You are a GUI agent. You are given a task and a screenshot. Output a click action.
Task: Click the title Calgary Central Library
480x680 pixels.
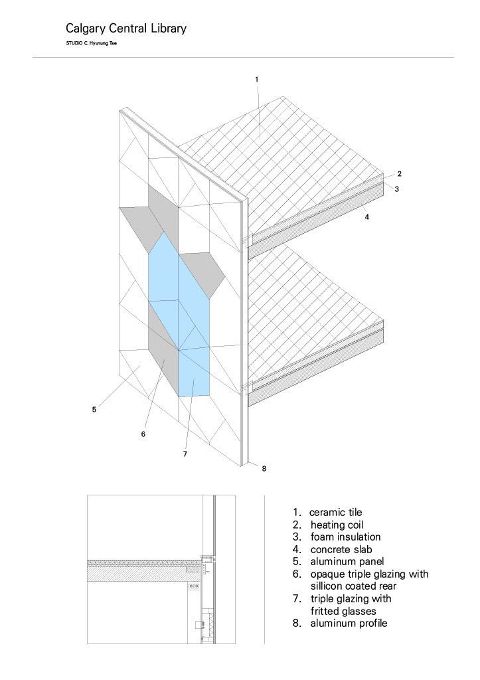[x=125, y=29]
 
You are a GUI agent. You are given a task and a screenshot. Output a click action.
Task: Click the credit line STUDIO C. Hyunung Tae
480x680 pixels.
[x=92, y=43]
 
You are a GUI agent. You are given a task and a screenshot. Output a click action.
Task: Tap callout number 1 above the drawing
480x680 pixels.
[x=257, y=80]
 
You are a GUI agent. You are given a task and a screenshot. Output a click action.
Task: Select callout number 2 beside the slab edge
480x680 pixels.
[x=400, y=174]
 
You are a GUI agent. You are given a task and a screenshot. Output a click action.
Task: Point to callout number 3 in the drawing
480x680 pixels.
[x=397, y=189]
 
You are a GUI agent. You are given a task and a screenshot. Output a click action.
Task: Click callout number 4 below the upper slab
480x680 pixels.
[x=367, y=217]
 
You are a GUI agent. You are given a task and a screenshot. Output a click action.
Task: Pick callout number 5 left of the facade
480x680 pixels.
[x=94, y=409]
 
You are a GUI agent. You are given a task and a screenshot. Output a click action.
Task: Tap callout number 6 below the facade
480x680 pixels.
[x=143, y=434]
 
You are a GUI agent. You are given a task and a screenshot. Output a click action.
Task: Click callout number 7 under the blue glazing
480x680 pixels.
[x=185, y=454]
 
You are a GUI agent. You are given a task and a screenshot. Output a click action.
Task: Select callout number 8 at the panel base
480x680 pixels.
[x=264, y=468]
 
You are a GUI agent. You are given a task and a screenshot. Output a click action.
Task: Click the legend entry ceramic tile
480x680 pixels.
[x=336, y=512]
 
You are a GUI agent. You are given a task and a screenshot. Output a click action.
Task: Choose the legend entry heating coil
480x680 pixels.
[x=337, y=525]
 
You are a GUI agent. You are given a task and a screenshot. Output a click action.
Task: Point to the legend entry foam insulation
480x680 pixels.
[x=346, y=537]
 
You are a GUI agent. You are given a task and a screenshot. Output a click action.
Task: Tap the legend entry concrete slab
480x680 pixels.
[x=341, y=549]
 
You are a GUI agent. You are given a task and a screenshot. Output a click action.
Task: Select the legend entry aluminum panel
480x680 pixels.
[x=347, y=562]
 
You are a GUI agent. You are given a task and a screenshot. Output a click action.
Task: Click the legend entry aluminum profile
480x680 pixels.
[x=349, y=624]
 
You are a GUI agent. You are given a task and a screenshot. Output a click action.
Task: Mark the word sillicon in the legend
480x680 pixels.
[x=326, y=586]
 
